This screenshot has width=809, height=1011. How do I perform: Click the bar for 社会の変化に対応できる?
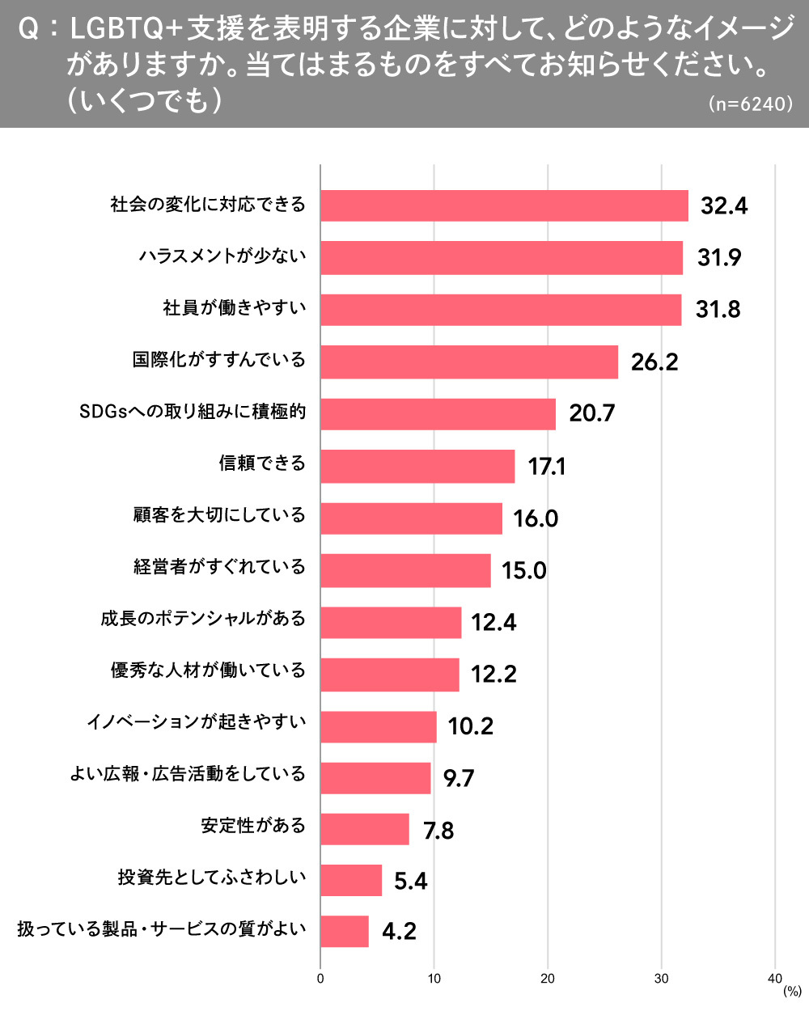(504, 205)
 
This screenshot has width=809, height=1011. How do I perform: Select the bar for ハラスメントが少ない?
(502, 257)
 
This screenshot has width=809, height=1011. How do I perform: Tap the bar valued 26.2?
(469, 362)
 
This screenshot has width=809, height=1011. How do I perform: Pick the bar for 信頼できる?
(417, 466)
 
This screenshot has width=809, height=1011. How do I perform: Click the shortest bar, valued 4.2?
(345, 931)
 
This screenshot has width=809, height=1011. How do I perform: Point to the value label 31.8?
(718, 310)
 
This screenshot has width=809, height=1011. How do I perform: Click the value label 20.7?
(591, 413)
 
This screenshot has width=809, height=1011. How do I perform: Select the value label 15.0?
(523, 570)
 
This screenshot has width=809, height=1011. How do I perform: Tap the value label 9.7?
(458, 778)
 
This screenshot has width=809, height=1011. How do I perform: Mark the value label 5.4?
(410, 881)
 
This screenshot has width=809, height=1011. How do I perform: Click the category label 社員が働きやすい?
(235, 307)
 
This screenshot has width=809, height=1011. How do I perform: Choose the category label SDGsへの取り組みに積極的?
(193, 411)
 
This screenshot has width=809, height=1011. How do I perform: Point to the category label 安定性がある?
(253, 826)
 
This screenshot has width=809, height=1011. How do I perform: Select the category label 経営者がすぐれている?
(219, 566)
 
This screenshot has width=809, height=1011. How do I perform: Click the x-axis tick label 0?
(320, 979)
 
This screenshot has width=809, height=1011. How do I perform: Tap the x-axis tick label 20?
(548, 979)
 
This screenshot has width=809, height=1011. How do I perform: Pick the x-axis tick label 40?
(774, 979)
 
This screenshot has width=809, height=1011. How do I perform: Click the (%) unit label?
(792, 992)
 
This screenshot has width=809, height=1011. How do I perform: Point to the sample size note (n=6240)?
(750, 104)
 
